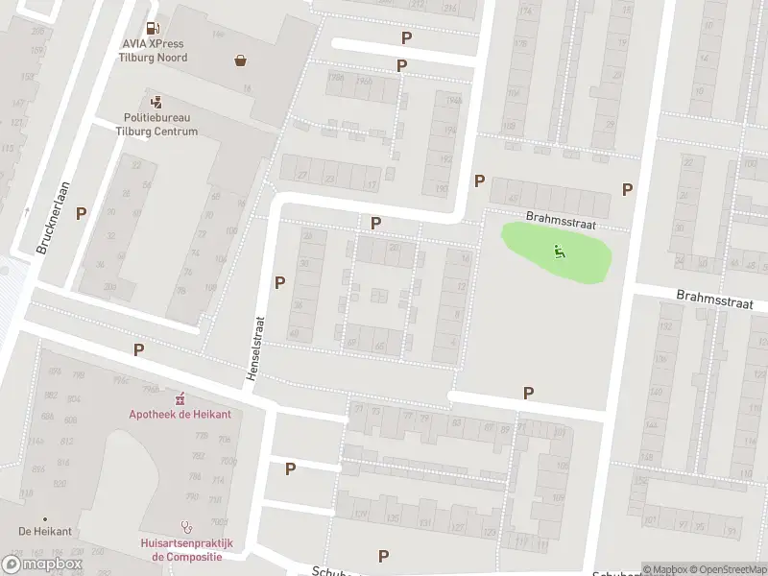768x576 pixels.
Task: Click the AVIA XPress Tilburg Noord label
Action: pos(154,51)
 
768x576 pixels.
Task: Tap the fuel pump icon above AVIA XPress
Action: pos(153,29)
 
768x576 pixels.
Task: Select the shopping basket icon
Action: pos(240,60)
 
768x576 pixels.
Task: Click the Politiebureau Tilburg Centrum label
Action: pos(156,125)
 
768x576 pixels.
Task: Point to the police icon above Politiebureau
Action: pos(156,102)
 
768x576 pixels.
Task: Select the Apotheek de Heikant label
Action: pos(180,414)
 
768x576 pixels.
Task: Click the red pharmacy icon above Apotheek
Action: pos(180,397)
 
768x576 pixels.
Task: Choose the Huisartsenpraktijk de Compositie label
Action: pos(187,549)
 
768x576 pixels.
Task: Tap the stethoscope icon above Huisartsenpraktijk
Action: pos(187,526)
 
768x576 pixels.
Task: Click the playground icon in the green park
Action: pos(559,252)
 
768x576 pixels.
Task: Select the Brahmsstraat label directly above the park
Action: pos(562,222)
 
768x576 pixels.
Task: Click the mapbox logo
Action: pos(42,564)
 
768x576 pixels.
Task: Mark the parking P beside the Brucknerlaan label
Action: pos(82,213)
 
